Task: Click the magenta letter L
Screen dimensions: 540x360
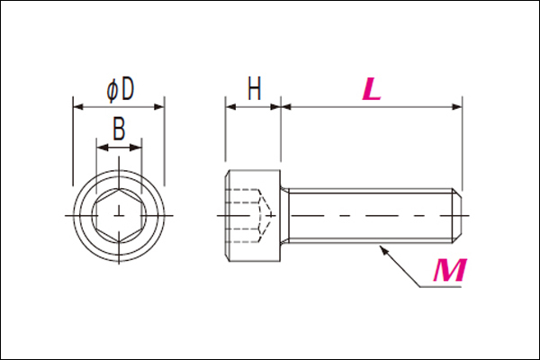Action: [371, 89]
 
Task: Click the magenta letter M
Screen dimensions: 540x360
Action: [450, 270]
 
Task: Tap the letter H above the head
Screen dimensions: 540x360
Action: [255, 88]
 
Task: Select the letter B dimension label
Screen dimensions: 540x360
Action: [119, 129]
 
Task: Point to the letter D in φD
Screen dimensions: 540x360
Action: [128, 89]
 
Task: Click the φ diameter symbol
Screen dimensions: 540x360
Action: [112, 90]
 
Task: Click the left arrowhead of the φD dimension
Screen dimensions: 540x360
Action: [78, 107]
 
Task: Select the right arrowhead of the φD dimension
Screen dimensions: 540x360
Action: [159, 107]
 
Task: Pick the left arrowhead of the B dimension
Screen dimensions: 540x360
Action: [103, 148]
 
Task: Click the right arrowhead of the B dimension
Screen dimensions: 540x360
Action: [137, 148]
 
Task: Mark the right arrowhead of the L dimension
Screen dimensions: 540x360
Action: [456, 107]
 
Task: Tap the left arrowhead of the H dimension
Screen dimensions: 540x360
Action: [230, 107]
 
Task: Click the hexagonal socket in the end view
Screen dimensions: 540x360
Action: [119, 216]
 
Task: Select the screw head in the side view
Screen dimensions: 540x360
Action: [253, 216]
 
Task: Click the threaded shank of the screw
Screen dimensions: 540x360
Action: [370, 216]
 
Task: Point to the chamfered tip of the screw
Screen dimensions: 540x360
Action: [457, 216]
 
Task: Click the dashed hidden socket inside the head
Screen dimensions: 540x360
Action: [248, 216]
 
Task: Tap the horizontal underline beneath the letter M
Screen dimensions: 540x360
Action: [441, 286]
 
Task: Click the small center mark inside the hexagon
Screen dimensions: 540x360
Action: [119, 213]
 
